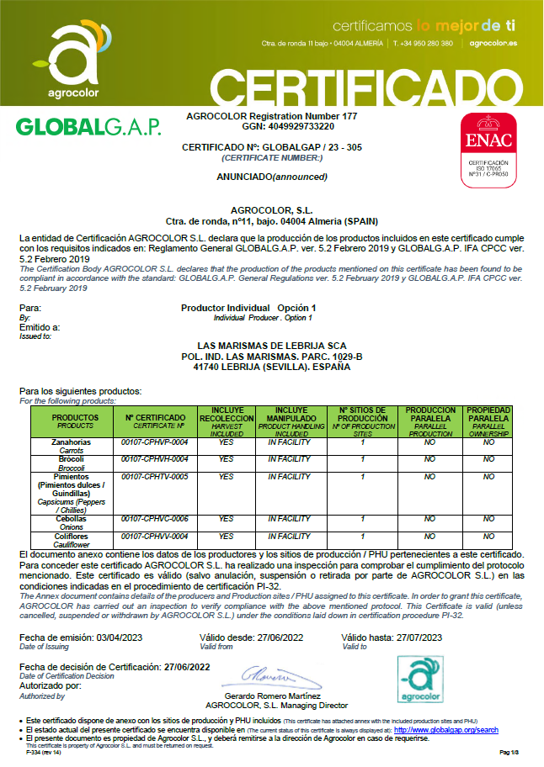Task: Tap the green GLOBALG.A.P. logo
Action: [88, 127]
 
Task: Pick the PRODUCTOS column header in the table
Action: [76, 418]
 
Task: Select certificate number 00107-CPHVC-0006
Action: [155, 519]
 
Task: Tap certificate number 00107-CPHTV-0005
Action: [155, 477]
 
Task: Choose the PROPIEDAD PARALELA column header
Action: [488, 415]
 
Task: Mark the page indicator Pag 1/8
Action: [511, 751]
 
